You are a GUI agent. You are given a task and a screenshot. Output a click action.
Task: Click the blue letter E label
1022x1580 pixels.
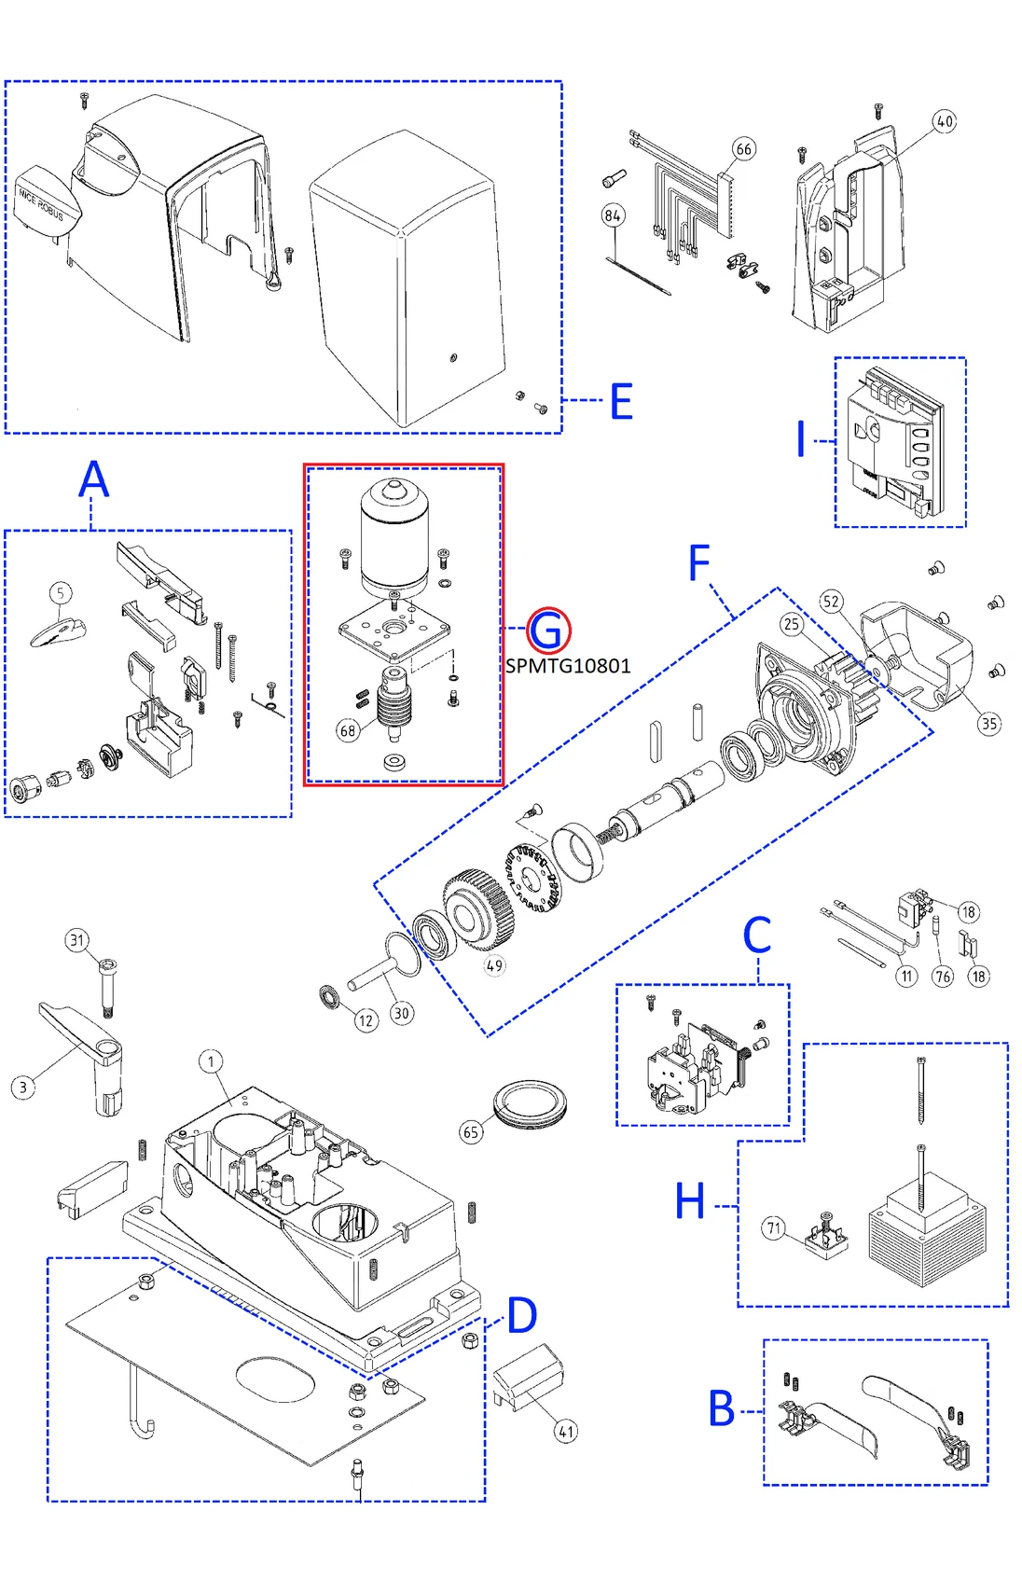(x=622, y=401)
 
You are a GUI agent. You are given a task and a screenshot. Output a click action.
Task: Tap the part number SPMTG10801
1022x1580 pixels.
(x=568, y=666)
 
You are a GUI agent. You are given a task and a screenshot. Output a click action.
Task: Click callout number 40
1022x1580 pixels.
(x=945, y=121)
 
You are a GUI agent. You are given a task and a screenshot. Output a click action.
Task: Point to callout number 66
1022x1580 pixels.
(x=743, y=149)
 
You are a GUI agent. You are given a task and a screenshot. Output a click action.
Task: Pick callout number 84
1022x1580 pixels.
(x=613, y=215)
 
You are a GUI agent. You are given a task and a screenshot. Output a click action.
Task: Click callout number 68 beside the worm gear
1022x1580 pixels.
(x=348, y=730)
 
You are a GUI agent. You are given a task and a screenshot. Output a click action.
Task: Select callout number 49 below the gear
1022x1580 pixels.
(x=494, y=965)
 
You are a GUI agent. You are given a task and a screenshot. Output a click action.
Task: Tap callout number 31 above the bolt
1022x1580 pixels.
(x=77, y=940)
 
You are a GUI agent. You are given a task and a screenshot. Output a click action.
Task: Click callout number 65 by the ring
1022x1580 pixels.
(x=472, y=1132)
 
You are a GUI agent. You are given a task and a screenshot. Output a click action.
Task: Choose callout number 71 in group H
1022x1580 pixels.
(x=774, y=1228)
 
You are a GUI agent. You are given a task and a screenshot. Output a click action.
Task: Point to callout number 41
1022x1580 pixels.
(x=566, y=1431)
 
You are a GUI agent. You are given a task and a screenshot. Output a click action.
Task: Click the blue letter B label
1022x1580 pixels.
(x=722, y=1408)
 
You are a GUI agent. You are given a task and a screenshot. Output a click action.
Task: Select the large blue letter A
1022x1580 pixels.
(x=93, y=481)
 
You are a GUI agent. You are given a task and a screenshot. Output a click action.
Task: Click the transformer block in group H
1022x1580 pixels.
(x=926, y=1231)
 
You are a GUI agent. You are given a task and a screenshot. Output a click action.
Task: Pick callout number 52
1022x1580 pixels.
(x=831, y=602)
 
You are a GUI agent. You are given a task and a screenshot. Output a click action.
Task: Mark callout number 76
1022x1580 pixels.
(x=943, y=977)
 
